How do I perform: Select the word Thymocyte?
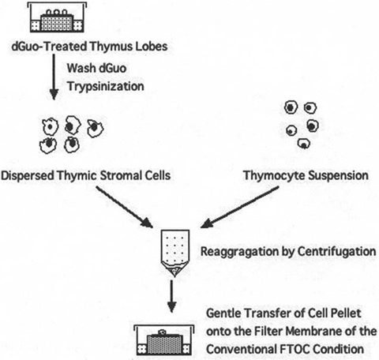coord(265,174)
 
